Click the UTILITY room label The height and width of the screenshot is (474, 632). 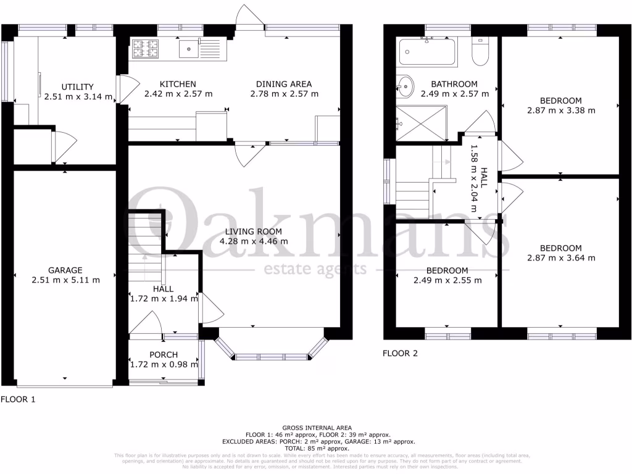tap(78, 86)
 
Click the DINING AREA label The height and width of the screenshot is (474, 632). tap(285, 84)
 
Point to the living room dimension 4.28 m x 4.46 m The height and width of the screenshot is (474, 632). tap(254, 241)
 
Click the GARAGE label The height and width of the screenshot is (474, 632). tap(65, 270)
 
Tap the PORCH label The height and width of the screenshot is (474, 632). tap(164, 354)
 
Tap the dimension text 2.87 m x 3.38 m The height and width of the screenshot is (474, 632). tap(561, 110)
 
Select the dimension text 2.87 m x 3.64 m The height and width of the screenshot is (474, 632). tap(561, 258)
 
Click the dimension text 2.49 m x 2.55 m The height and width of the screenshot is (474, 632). tap(447, 280)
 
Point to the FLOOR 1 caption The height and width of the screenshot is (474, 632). tap(18, 399)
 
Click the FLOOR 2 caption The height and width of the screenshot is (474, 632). tap(400, 354)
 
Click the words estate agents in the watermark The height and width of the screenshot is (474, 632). tap(315, 270)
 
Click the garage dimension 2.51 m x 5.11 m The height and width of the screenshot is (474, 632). tap(65, 280)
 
